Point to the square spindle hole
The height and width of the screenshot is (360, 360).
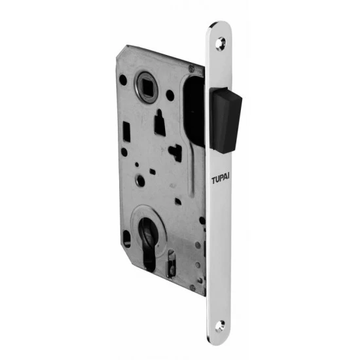tap(145, 84)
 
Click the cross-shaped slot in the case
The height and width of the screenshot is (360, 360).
tap(175, 152)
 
